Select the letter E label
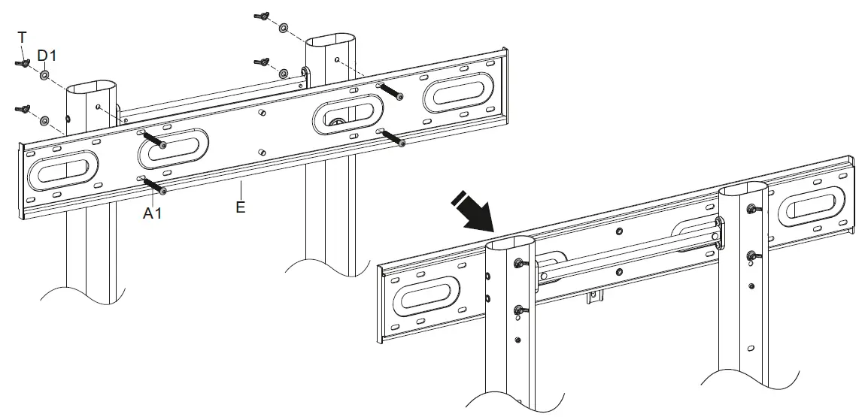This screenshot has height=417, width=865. (x=240, y=207)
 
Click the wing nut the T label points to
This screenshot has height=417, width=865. (x=21, y=64)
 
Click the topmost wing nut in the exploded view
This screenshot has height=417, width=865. (x=263, y=17)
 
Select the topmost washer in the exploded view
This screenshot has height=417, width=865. (x=284, y=29)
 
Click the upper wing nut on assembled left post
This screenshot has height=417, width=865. (x=519, y=263)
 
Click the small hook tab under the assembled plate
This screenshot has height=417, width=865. (x=595, y=299)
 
